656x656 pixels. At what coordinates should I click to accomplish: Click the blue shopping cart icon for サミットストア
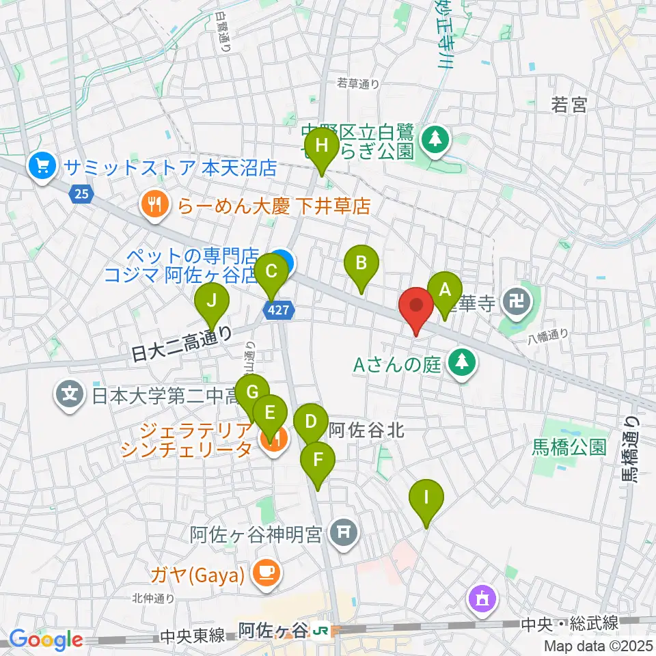point(42,166)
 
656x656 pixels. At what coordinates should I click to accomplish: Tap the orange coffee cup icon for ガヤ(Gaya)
point(266,573)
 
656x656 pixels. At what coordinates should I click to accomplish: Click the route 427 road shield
point(282,311)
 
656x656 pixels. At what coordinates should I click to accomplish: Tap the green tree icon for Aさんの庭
point(463,362)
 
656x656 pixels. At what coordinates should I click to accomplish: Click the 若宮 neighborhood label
point(569,105)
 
